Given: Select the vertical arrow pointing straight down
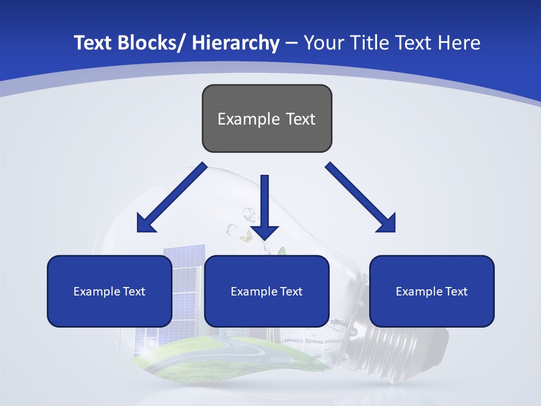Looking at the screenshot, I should pos(264,203).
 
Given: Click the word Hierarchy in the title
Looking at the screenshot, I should pos(236,43).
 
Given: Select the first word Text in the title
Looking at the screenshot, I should pos(94,43).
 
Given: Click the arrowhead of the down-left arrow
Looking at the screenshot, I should pos(145,224).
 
